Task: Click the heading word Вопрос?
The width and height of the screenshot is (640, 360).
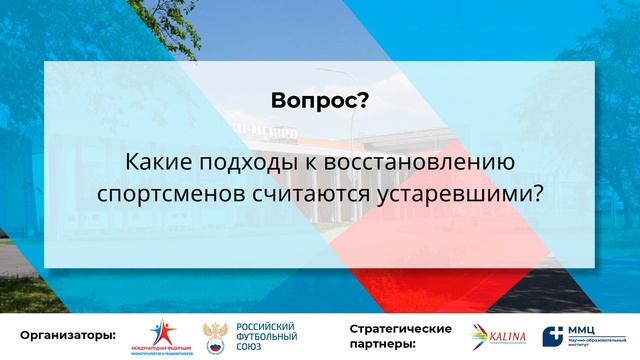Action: [x=319, y=100]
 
